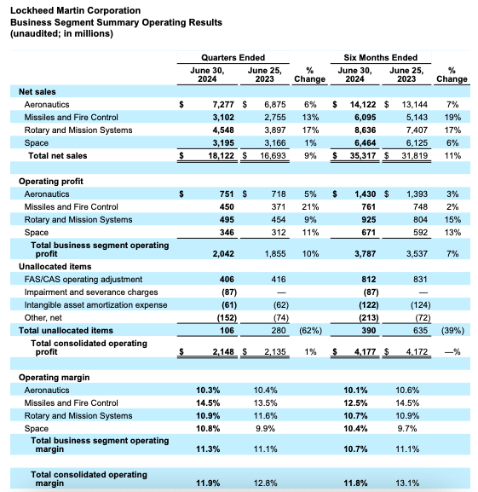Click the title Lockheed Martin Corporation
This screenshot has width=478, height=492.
tap(75, 9)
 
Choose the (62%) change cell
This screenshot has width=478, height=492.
tap(309, 330)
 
